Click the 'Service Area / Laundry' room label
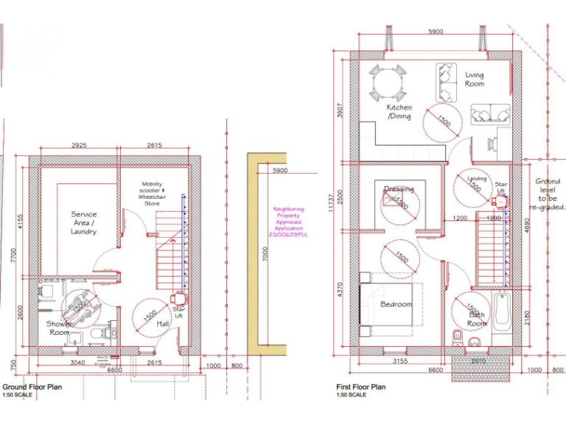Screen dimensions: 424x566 pos(83,223)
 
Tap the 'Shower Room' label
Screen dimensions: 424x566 pos(60,328)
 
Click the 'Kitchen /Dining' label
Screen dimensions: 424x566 pos(399,112)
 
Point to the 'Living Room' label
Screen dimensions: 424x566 pos(474,79)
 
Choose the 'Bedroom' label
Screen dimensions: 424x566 pos(396,304)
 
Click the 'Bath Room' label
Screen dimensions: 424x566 pos(477,319)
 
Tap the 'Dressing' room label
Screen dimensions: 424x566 pos(399,189)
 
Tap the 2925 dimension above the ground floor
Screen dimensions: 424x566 pos(79,145)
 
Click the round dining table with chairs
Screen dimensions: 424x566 pos(388,83)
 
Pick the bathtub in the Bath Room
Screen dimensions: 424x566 pos(502,312)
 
